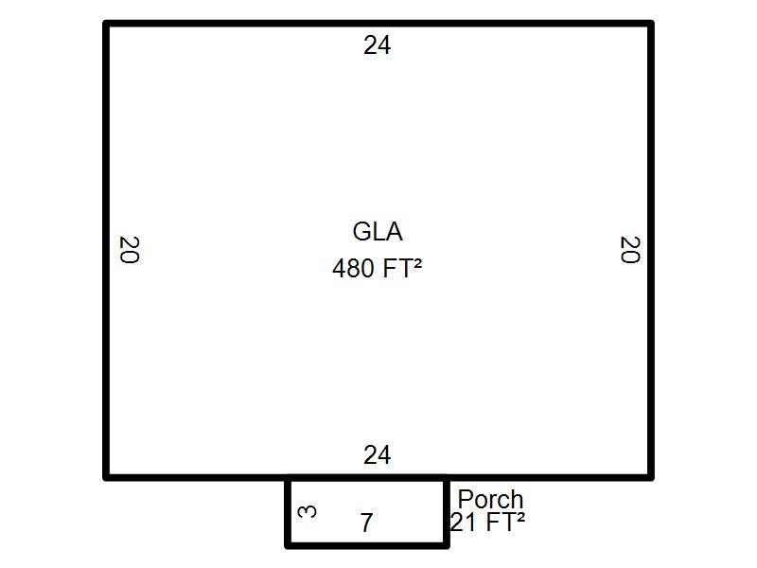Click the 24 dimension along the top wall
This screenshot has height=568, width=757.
(x=377, y=45)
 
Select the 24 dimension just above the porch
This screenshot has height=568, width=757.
(x=377, y=455)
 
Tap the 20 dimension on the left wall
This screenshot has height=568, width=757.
(x=129, y=250)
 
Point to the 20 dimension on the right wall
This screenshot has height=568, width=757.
(x=629, y=250)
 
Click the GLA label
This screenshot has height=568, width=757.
(x=378, y=231)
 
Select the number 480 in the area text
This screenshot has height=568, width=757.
(x=353, y=269)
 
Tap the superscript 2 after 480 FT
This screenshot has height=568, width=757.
(x=417, y=262)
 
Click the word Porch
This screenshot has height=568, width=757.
(x=490, y=499)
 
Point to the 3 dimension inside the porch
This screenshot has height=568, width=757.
(x=307, y=511)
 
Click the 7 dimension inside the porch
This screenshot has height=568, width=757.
(x=366, y=523)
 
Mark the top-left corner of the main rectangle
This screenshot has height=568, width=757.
(x=106, y=24)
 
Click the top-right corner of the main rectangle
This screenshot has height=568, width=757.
(x=651, y=24)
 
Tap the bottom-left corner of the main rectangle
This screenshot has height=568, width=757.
(x=106, y=477)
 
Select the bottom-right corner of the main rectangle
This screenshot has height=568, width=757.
(x=651, y=477)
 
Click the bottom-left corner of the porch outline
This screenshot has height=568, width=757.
(x=289, y=545)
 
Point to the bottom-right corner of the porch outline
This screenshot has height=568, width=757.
(x=446, y=545)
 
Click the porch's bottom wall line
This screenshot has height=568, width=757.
(x=367, y=545)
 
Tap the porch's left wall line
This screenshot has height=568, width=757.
(x=289, y=511)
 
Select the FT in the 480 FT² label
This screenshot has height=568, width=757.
(x=397, y=269)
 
